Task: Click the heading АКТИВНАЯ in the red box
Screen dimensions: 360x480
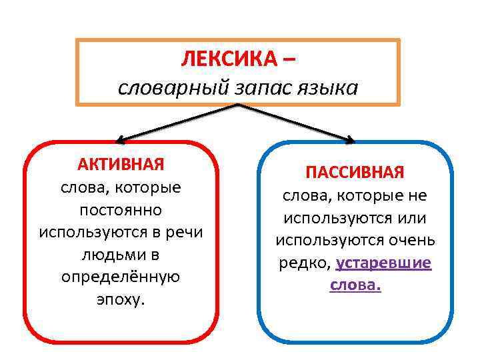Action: pos(121,164)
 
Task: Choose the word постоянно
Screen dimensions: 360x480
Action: pos(121,210)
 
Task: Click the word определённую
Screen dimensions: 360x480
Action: pos(121,277)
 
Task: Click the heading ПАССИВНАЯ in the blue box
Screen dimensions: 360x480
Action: pos(355,173)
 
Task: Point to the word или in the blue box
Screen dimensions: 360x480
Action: pos(411,217)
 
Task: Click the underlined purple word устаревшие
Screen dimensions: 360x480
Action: pos(384,263)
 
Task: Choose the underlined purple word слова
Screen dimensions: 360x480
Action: pos(355,285)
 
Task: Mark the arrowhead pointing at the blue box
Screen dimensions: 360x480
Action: pos(350,140)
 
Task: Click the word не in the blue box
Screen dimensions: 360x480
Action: pos(418,195)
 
